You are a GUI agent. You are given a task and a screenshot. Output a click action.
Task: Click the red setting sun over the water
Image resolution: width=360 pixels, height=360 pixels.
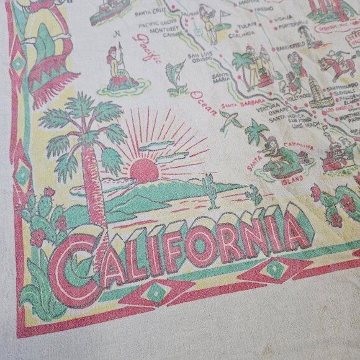click(x=144, y=169)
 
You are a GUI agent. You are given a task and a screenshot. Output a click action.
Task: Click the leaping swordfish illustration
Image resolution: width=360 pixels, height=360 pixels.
click(x=178, y=75)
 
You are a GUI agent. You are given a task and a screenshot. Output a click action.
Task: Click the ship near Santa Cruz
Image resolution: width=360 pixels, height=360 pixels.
click(x=109, y=13)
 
